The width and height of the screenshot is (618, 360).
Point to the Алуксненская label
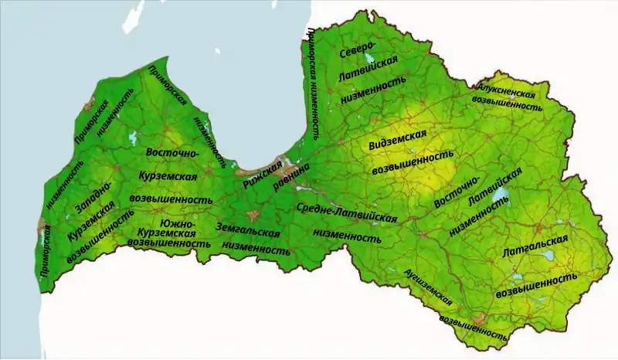click(x=506, y=90)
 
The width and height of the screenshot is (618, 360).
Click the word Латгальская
click(x=535, y=246)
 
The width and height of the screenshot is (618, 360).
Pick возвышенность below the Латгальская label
click(x=536, y=282)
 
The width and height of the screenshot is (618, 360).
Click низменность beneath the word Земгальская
click(x=256, y=249)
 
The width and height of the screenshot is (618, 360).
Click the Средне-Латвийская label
click(x=346, y=213)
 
